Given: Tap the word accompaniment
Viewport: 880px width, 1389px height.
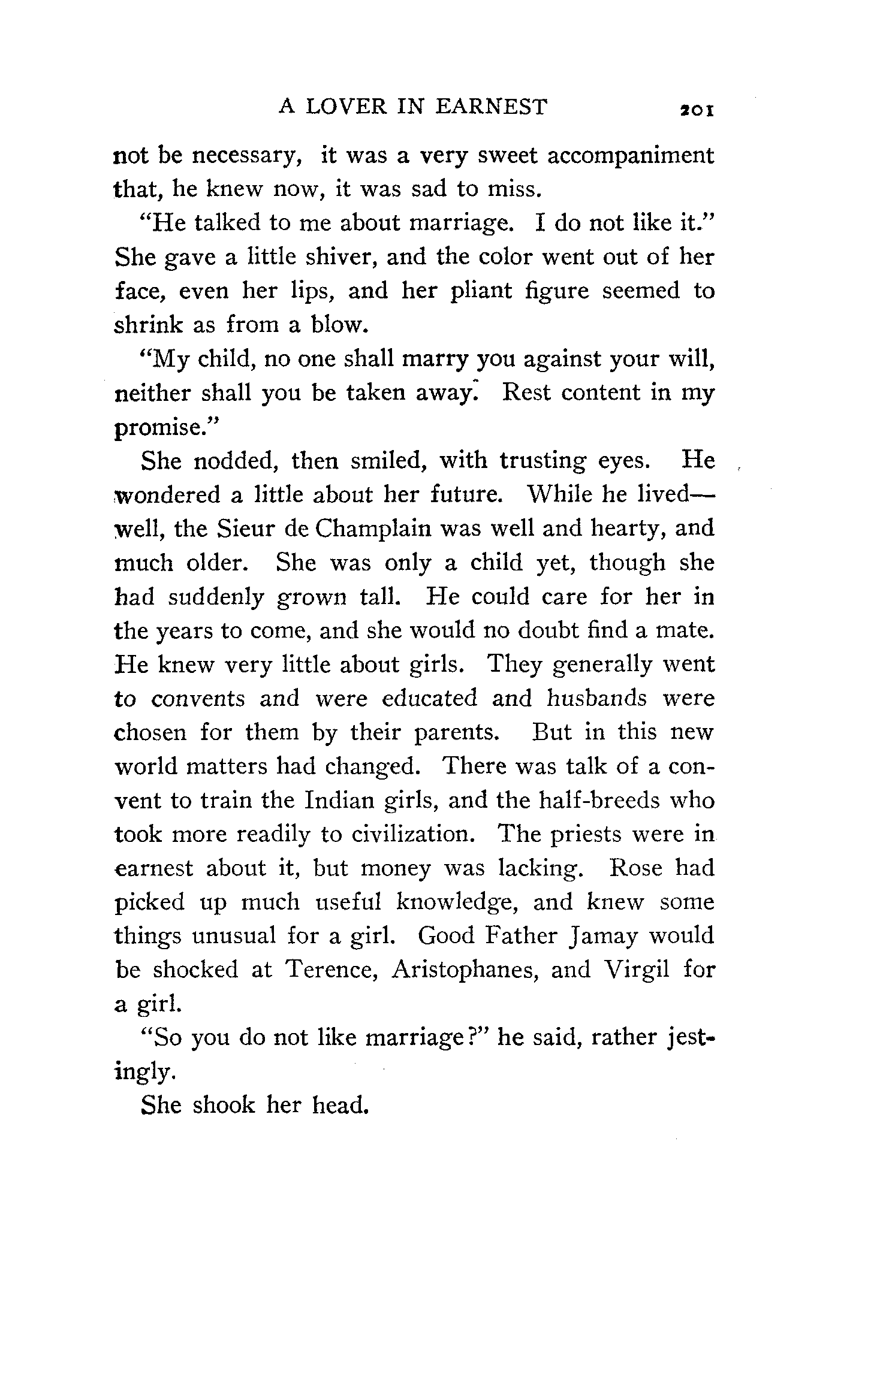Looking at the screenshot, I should click(x=631, y=156).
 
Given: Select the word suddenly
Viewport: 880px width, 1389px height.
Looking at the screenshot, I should click(x=216, y=597).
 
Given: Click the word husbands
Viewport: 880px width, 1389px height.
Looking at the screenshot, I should click(x=598, y=698).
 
